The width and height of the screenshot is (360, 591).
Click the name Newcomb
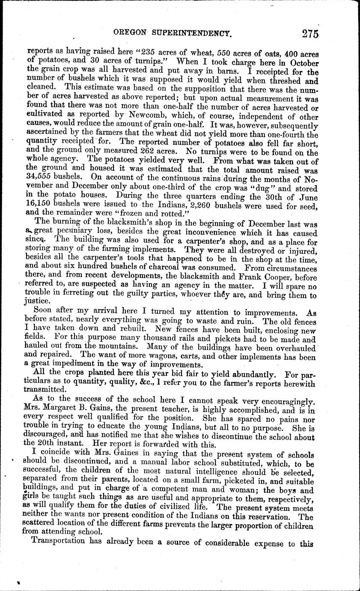[141, 117]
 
